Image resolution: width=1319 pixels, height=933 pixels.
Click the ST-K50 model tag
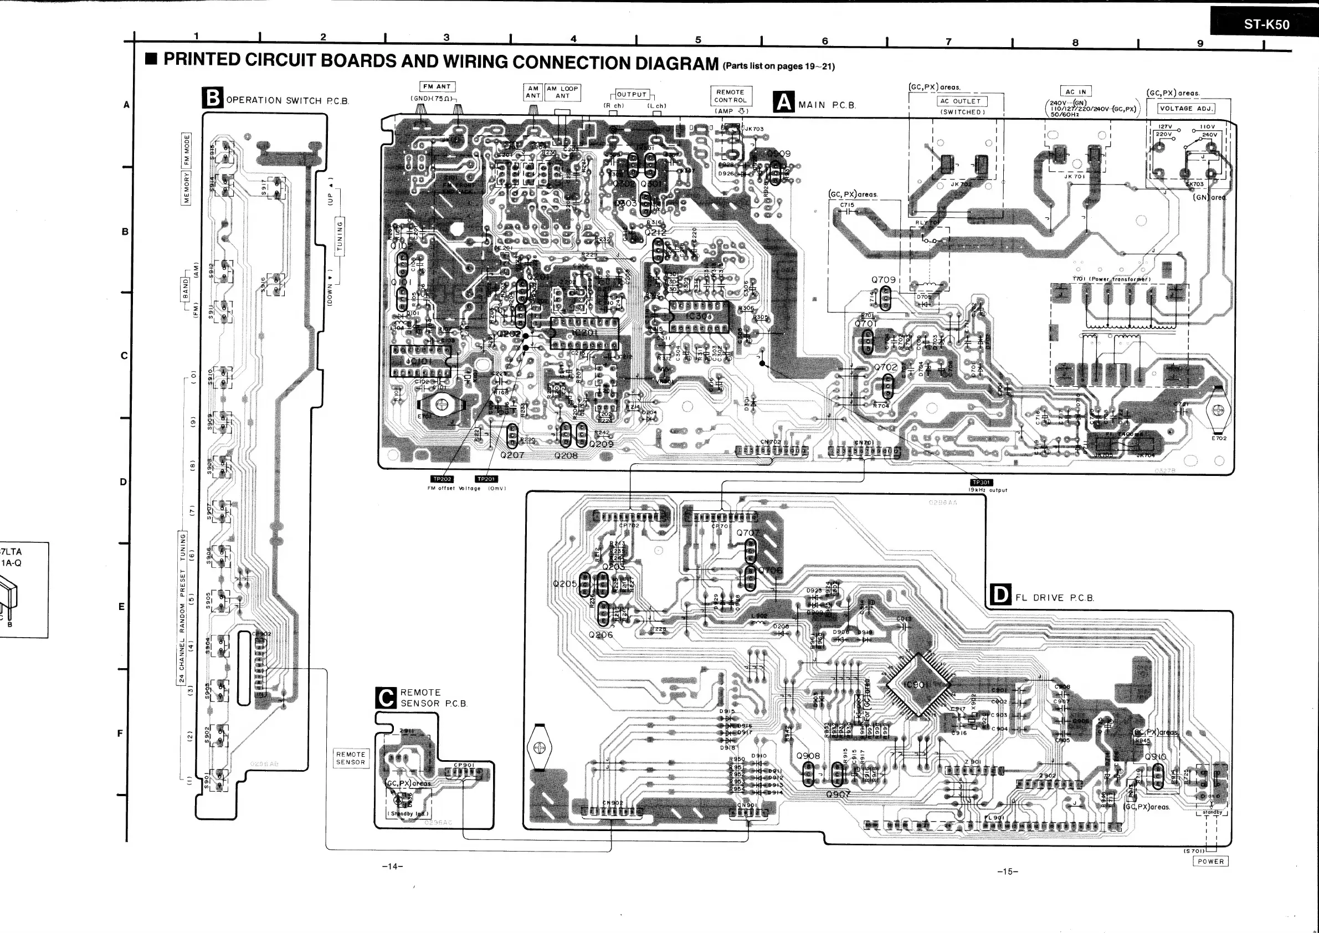tap(1266, 24)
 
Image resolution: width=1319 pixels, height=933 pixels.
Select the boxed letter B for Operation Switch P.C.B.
tap(212, 98)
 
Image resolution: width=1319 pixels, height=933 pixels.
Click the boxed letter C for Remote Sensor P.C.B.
tap(386, 698)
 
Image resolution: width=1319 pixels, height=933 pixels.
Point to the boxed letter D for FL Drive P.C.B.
tap(1000, 595)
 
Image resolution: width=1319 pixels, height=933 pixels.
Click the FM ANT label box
tap(437, 87)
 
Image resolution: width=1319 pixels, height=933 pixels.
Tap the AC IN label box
tap(1075, 91)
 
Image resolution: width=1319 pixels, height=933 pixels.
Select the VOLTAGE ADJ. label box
tap(1185, 108)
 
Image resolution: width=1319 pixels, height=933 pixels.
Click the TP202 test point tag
tap(443, 479)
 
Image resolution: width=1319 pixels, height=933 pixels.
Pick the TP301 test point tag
tap(981, 483)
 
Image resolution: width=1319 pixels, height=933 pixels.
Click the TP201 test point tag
tap(486, 479)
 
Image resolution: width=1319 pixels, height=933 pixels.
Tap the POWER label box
tap(1211, 861)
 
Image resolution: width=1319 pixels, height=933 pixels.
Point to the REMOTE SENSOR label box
tap(351, 758)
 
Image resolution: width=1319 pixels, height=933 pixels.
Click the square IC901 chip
tap(917, 685)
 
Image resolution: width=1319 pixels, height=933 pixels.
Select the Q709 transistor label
tap(883, 280)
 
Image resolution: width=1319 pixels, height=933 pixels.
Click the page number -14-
tap(392, 867)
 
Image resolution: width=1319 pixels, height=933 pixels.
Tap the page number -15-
tap(1007, 872)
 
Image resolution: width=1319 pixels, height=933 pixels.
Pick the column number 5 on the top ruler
tap(698, 40)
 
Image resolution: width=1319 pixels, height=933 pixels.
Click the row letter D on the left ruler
tap(122, 481)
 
